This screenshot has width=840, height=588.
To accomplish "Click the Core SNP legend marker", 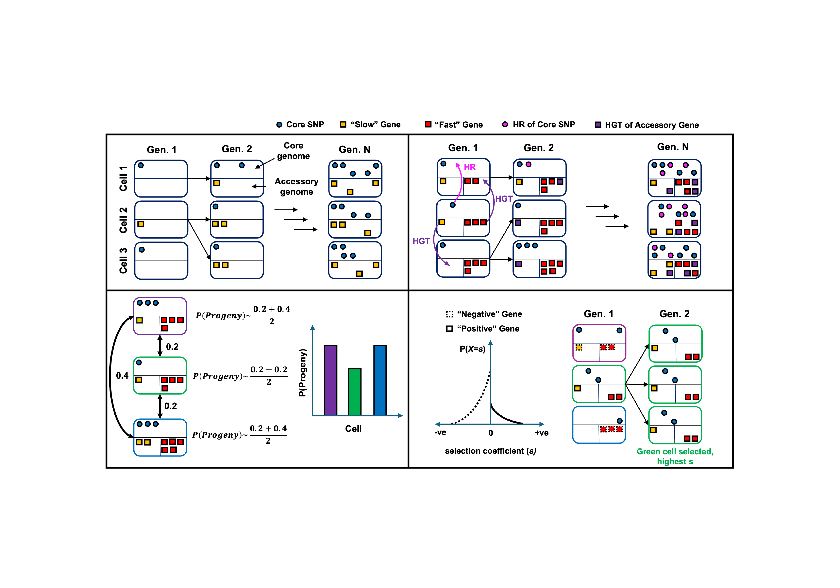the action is point(279,125).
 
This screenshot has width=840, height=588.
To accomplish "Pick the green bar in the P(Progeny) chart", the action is point(355,392).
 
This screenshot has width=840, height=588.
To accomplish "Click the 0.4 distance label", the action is point(122,376).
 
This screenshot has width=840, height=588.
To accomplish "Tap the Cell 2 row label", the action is point(123,220).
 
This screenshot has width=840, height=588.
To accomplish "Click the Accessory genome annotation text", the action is point(297,187).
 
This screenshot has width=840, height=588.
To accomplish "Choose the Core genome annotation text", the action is point(294,151).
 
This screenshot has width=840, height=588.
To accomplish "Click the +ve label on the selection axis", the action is point(542,433).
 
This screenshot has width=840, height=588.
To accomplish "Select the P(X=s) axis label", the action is point(473,349).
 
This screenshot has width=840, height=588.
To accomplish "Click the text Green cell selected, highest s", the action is point(675,456).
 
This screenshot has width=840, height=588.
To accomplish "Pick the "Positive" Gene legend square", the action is point(449,329).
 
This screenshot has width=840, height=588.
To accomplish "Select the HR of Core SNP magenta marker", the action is point(505,124).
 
